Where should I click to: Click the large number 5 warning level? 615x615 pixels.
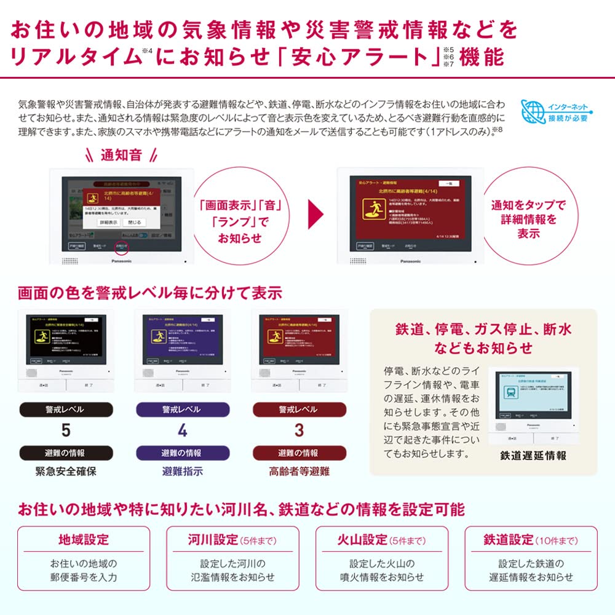point(65,430)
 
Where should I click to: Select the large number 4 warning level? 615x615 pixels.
point(181,430)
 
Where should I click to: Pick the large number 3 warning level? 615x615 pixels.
point(298,430)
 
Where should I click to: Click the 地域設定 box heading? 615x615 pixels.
point(84,541)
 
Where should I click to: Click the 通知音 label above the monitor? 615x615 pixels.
point(121,155)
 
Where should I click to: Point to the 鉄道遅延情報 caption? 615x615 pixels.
point(533,456)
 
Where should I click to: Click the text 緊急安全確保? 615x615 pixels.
point(66,472)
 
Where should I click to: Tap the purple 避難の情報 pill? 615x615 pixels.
point(181,453)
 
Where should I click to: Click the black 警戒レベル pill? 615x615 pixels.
point(65,410)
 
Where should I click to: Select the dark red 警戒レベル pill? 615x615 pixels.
point(299,410)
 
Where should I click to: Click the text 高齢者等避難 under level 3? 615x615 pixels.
point(299,472)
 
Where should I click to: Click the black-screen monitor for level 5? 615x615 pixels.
point(66,340)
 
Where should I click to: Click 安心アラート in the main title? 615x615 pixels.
point(362,57)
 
